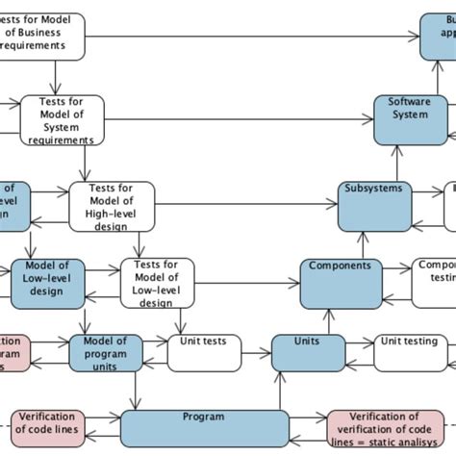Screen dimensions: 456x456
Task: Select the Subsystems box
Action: (373, 205)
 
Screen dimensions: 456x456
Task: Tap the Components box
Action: (340, 283)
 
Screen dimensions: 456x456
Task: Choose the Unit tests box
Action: (204, 353)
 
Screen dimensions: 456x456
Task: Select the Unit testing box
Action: (409, 353)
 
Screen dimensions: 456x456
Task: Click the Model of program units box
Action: (105, 353)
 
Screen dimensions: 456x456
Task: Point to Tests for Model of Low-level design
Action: (155, 283)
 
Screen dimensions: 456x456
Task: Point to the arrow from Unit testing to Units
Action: (358, 342)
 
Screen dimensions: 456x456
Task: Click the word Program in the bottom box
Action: (203, 418)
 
